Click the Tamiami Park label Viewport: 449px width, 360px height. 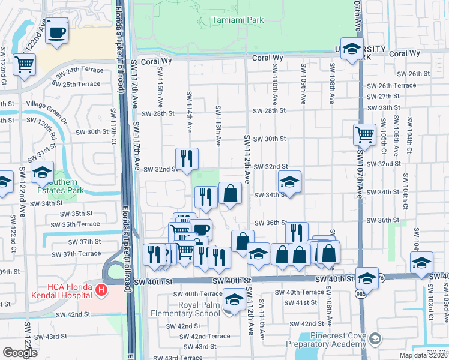pyautogui.click(x=238, y=20)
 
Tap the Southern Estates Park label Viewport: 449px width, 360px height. pyautogui.click(x=58, y=186)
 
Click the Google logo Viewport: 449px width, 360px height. pyautogui.click(x=20, y=353)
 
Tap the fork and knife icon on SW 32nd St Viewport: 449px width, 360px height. pyautogui.click(x=187, y=158)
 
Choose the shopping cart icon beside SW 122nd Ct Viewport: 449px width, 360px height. pyautogui.click(x=25, y=64)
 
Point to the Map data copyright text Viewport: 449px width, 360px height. pyautogui.click(x=423, y=355)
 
